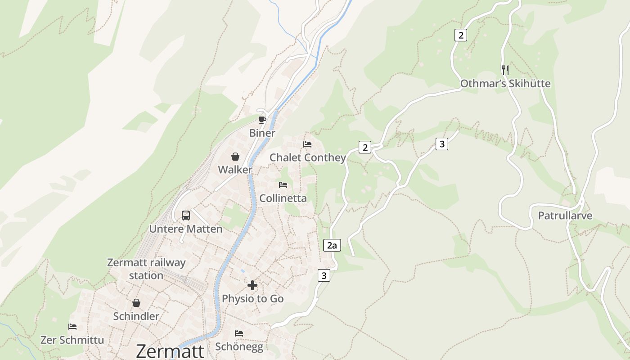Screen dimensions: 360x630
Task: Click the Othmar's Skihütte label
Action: coord(505,84)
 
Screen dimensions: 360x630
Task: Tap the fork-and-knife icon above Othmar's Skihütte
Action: coord(505,70)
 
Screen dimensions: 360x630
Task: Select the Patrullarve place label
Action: coord(565,216)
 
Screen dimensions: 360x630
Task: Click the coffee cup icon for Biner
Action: coord(262,120)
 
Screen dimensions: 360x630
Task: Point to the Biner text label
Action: coord(262,133)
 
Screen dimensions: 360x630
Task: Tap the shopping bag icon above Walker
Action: coord(235,157)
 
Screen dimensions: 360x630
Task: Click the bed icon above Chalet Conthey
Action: coord(307,144)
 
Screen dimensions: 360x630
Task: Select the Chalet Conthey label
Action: coord(307,157)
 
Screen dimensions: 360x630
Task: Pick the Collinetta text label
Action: coord(283,198)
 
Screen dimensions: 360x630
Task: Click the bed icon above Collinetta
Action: coord(283,185)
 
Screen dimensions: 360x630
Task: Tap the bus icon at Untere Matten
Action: coord(186,215)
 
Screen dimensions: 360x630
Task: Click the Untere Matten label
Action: coord(186,229)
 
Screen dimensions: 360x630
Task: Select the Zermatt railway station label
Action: coord(146,269)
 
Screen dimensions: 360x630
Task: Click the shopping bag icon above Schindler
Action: coord(136,303)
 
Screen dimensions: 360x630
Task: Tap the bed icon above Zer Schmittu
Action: coord(72,326)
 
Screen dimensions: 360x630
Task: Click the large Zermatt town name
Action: coord(170,351)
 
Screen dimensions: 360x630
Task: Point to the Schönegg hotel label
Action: coord(239,346)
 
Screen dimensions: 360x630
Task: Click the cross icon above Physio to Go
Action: coord(252,285)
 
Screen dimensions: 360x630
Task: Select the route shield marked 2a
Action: coord(332,245)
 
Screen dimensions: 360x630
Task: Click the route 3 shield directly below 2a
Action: coord(324,275)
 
